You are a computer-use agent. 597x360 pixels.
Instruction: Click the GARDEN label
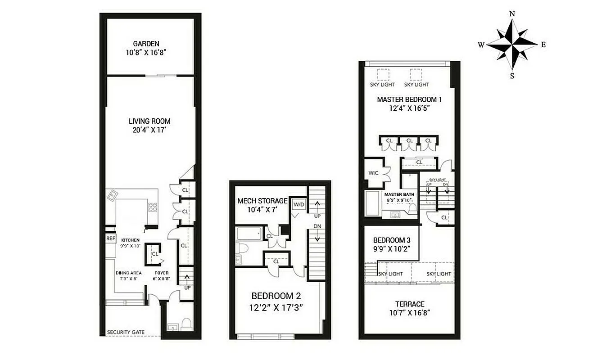pyautogui.click(x=146, y=44)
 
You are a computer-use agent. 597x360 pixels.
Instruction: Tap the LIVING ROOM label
pyautogui.click(x=149, y=121)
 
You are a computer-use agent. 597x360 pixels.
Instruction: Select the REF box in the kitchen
pyautogui.click(x=111, y=239)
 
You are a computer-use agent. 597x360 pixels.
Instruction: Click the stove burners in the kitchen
pyautogui.click(x=153, y=207)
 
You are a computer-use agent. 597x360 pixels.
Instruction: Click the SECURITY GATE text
pyautogui.click(x=126, y=333)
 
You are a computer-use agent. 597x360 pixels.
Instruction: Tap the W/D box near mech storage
pyautogui.click(x=298, y=204)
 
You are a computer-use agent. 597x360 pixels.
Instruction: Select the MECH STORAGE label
pyautogui.click(x=262, y=201)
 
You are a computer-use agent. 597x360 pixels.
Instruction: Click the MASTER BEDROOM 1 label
pyautogui.click(x=409, y=99)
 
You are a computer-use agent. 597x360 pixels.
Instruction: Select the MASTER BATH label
pyautogui.click(x=399, y=194)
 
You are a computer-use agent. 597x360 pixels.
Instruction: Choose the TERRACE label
pyautogui.click(x=410, y=304)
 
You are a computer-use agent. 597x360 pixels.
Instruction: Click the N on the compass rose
pyautogui.click(x=512, y=13)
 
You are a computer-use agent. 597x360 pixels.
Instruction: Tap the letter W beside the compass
pyautogui.click(x=481, y=45)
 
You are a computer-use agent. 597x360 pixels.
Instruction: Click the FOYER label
pyautogui.click(x=162, y=273)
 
